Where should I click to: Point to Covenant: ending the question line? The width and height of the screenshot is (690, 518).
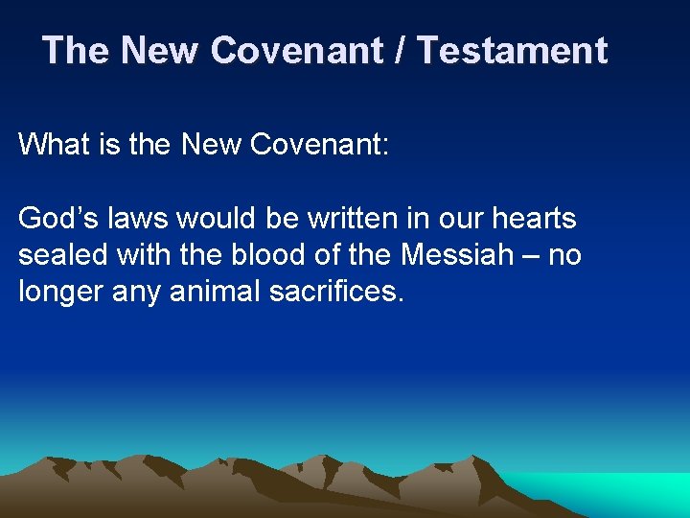[319, 145]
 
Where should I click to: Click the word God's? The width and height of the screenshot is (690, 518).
[58, 219]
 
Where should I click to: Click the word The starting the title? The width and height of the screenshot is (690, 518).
[76, 50]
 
